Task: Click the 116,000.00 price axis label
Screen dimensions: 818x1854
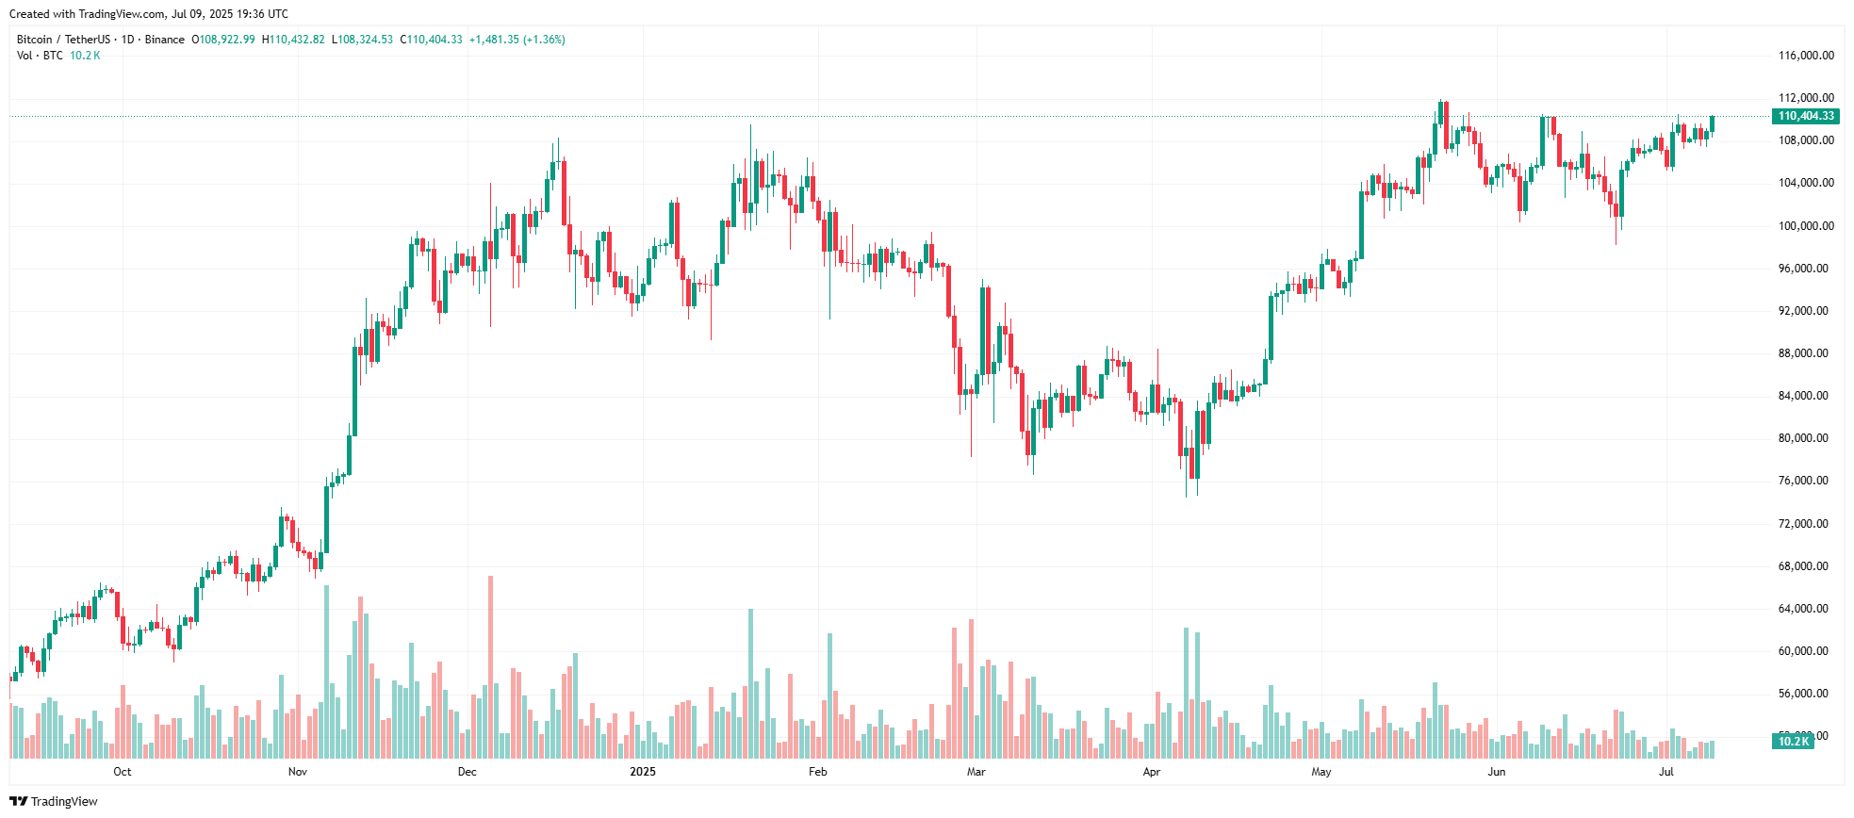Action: click(1805, 56)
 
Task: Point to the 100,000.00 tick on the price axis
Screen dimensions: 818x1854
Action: click(1805, 226)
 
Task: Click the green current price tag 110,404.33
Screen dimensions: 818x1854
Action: click(1805, 116)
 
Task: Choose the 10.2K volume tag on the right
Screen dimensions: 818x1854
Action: click(1793, 742)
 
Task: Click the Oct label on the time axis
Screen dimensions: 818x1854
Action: click(123, 772)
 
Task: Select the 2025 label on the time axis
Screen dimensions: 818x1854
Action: click(643, 772)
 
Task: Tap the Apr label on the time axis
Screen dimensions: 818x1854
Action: click(1152, 772)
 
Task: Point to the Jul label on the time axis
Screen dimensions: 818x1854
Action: click(1666, 772)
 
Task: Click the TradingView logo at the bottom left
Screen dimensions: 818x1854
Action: click(54, 802)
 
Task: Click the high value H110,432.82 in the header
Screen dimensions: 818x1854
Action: click(293, 40)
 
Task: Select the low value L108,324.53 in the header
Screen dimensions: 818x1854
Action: click(362, 40)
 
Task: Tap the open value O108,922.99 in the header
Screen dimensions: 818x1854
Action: click(223, 40)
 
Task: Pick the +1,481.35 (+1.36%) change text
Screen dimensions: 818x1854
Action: click(517, 40)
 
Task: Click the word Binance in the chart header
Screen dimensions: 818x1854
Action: click(165, 40)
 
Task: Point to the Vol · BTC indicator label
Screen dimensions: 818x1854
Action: click(40, 56)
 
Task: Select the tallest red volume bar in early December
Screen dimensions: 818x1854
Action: click(490, 669)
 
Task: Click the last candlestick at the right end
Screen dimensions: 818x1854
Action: click(1712, 124)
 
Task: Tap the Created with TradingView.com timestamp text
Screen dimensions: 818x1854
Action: click(149, 14)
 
